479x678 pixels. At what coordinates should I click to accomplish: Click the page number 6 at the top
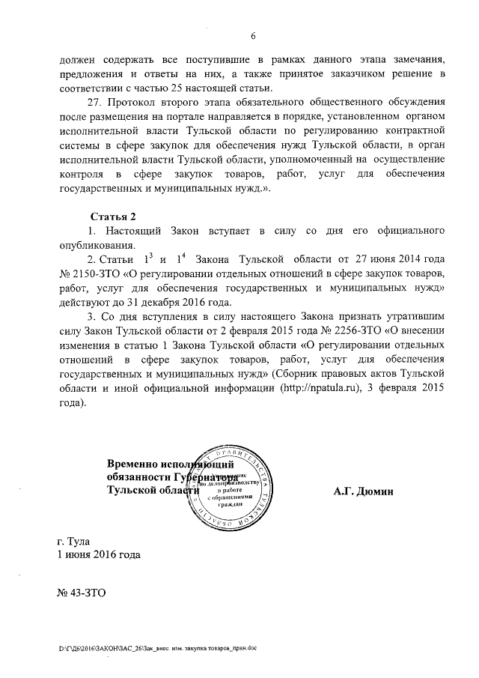click(x=253, y=36)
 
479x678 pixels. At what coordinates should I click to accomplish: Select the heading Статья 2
click(x=113, y=217)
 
